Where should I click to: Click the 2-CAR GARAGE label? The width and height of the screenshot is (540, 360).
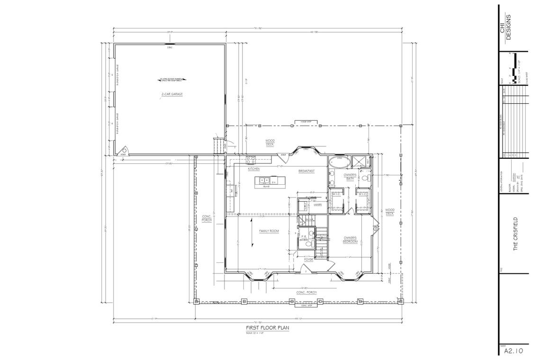coord(171,94)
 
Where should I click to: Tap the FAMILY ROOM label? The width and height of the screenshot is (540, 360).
coord(268,231)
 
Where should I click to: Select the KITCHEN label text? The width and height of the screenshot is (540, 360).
coord(253,169)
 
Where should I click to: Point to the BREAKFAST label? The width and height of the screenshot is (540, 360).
coord(306,171)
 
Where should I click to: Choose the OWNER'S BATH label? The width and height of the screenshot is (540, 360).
coord(350,177)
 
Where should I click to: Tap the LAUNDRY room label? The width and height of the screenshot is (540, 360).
coord(317,205)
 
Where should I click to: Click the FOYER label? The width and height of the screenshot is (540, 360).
coord(308,260)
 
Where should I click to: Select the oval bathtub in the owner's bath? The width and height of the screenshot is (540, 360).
coord(339,163)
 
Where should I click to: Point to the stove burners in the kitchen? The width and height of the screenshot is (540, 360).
coord(234,191)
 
